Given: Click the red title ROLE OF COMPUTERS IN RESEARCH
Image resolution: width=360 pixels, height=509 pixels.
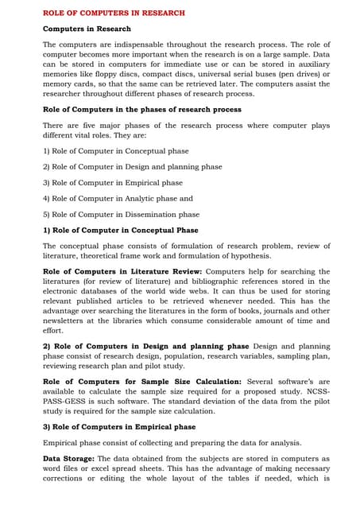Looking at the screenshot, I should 114,13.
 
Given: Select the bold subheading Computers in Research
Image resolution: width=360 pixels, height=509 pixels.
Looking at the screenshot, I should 87,29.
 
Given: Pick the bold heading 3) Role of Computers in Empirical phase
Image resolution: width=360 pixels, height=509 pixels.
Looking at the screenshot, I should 118,427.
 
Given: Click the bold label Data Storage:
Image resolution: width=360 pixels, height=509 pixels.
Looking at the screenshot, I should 68,458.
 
